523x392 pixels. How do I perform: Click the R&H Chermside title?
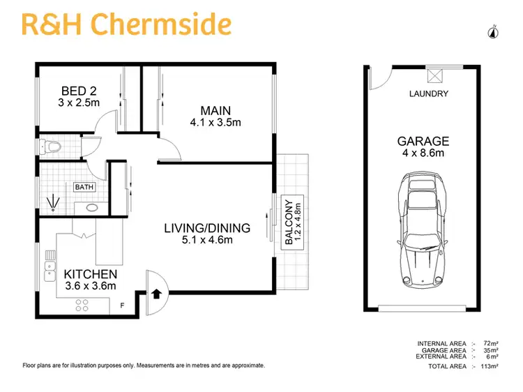126,24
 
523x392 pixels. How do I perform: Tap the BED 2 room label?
78,91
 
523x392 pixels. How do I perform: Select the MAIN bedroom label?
215,111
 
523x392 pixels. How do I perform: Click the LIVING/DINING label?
207,228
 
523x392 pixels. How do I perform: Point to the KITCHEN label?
90,273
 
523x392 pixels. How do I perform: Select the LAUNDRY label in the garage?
428,94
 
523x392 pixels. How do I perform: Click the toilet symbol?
50,147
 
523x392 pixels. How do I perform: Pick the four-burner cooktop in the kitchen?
82,304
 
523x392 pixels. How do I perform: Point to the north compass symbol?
494,31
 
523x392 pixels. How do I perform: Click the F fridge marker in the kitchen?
123,305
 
